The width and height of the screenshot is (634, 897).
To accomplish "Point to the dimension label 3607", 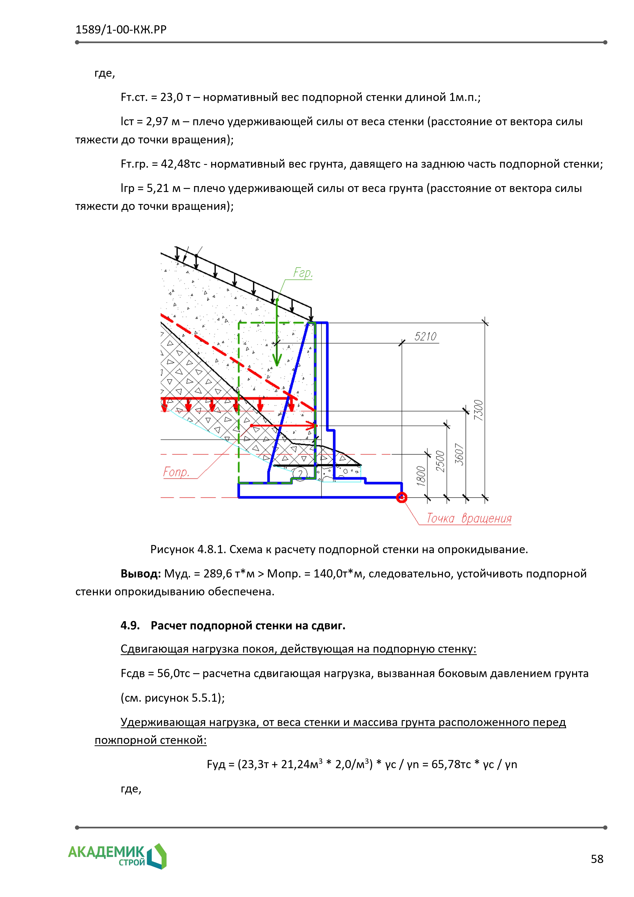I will pyautogui.click(x=460, y=454).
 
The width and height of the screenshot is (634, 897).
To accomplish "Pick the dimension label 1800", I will pyautogui.click(x=421, y=476).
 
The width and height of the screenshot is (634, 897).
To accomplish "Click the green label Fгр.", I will pyautogui.click(x=303, y=273).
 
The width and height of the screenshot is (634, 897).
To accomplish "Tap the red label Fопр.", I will pyautogui.click(x=176, y=472).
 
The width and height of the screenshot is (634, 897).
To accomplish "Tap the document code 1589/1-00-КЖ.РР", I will pyautogui.click(x=121, y=30).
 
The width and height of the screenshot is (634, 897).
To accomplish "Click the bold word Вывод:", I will pyautogui.click(x=140, y=574).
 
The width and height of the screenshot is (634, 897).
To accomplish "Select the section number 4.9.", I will pyautogui.click(x=130, y=626).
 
